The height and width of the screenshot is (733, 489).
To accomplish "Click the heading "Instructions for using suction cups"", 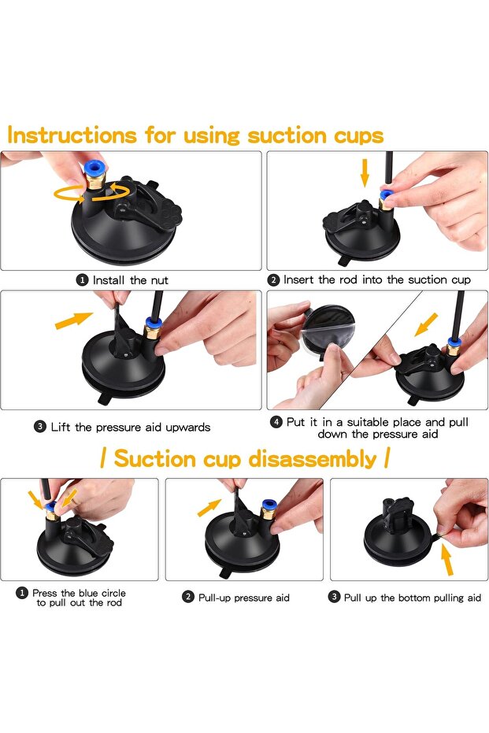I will click(x=195, y=135).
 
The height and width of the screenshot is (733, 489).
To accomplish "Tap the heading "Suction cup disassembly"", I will click(x=245, y=458).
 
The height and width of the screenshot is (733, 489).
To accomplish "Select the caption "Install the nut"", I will click(x=130, y=280).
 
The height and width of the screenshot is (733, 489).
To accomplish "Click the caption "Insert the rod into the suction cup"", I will click(x=376, y=280).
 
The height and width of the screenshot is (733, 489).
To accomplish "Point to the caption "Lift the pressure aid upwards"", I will click(x=131, y=427).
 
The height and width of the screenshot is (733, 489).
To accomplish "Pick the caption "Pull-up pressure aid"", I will click(x=243, y=598).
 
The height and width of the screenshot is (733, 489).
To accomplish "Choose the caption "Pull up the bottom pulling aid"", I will click(x=412, y=598).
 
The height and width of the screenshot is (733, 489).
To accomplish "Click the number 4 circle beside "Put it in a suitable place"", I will click(x=276, y=422).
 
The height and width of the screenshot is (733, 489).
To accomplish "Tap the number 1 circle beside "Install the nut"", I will click(x=82, y=280).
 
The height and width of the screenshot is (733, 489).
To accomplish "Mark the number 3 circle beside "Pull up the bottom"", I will click(x=334, y=598).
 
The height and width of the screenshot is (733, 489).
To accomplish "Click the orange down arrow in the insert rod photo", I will click(x=364, y=171).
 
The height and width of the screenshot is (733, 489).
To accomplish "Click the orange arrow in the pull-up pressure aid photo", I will click(x=209, y=507).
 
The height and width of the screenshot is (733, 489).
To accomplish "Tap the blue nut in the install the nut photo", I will click(x=95, y=169).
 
